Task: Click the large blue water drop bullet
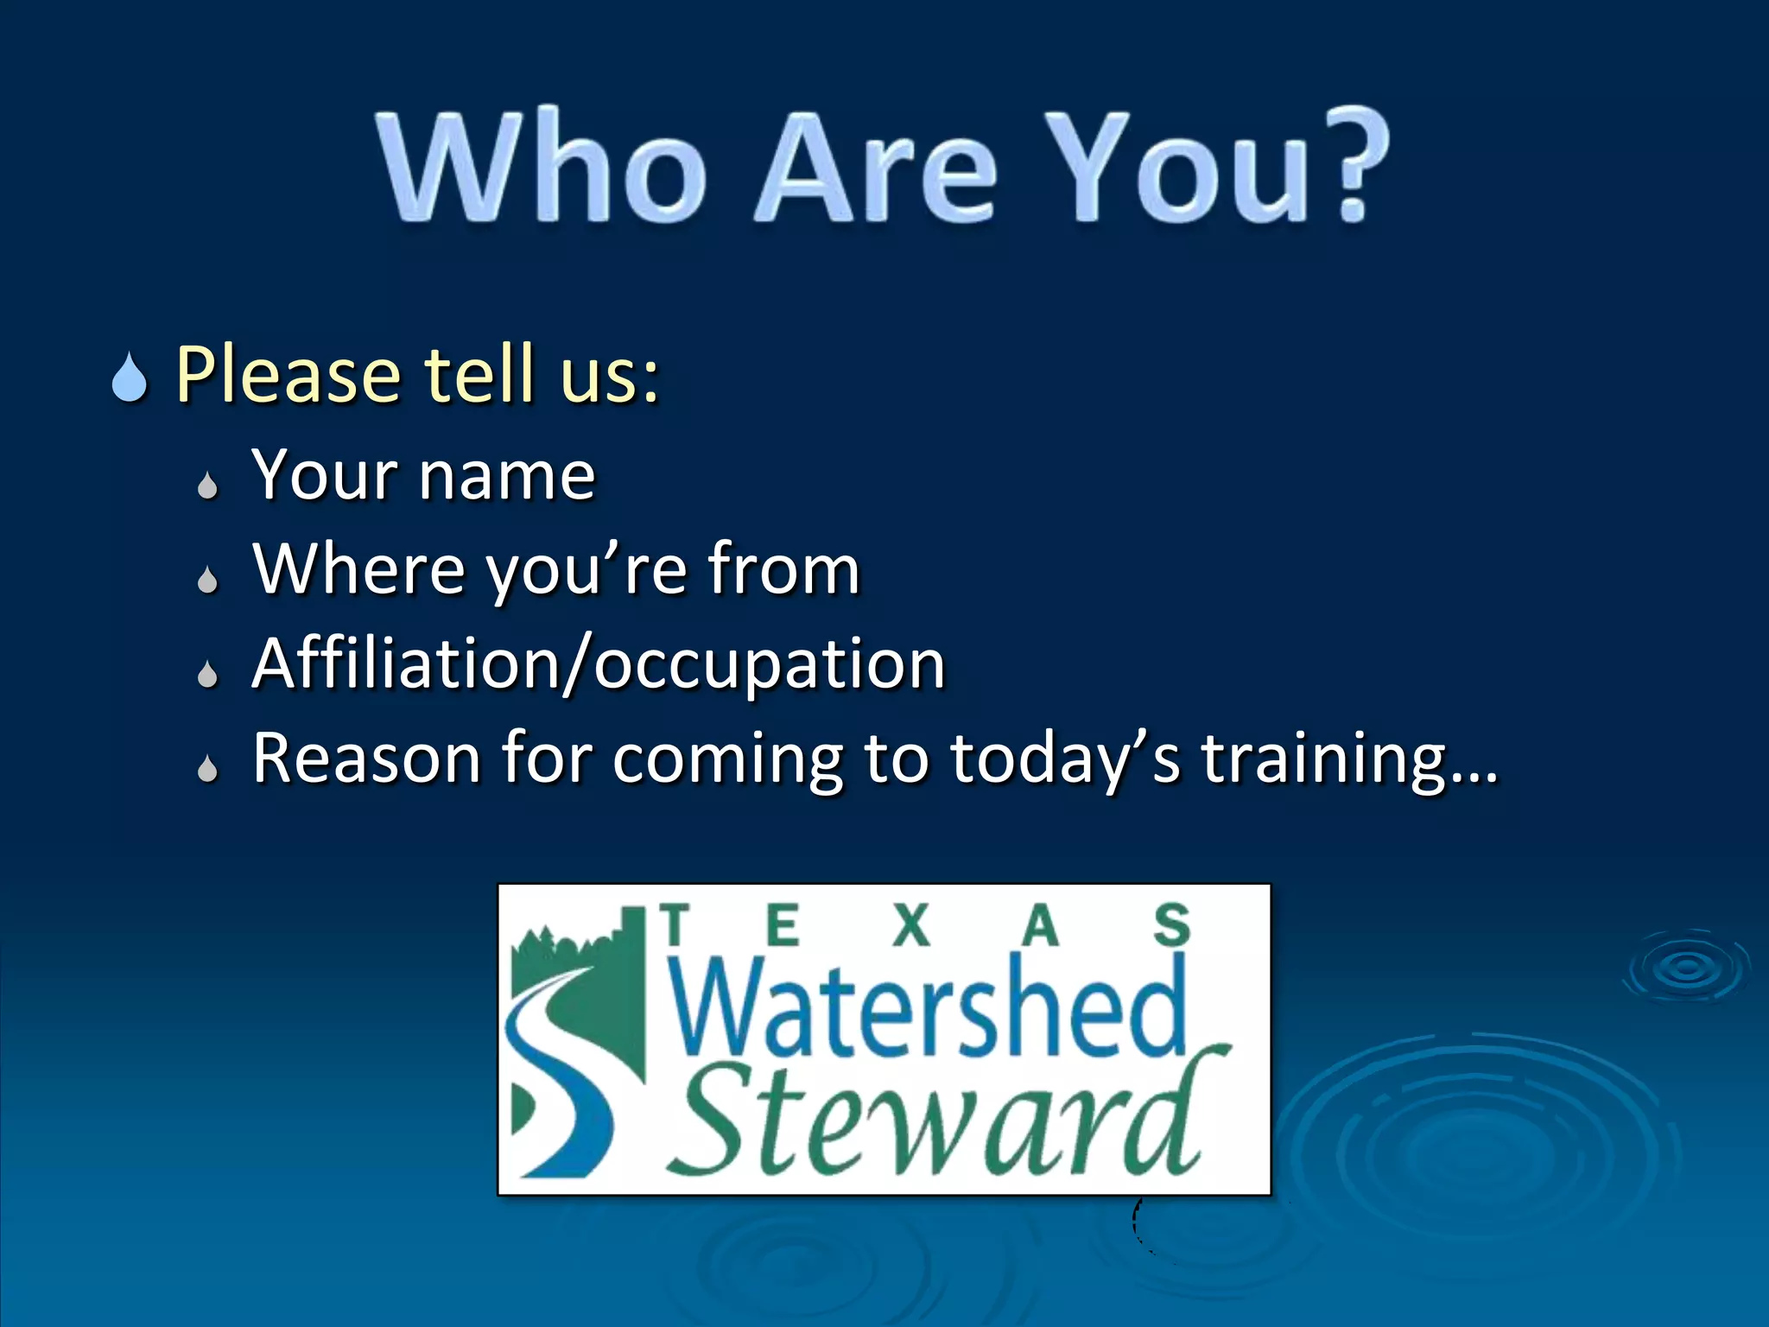pyautogui.click(x=130, y=378)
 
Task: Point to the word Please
pyautogui.click(x=288, y=375)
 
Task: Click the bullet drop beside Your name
pyautogui.click(x=207, y=486)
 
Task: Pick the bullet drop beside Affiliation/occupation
pyautogui.click(x=207, y=673)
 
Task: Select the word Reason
pyautogui.click(x=366, y=758)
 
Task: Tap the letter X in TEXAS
pyautogui.click(x=911, y=926)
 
